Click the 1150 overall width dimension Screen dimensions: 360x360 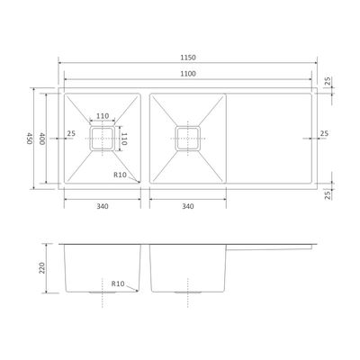click(188, 58)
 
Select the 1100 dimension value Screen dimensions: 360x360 click(188, 74)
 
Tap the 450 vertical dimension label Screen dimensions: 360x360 click(29, 139)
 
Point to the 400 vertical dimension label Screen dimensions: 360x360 click(41, 139)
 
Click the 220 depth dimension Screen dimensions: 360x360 click(41, 267)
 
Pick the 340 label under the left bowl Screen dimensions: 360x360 click(103, 206)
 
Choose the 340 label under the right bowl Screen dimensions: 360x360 click(188, 206)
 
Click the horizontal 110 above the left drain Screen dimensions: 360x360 click(103, 116)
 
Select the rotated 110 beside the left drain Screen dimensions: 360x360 click(124, 139)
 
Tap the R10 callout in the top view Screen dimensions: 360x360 click(121, 175)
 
